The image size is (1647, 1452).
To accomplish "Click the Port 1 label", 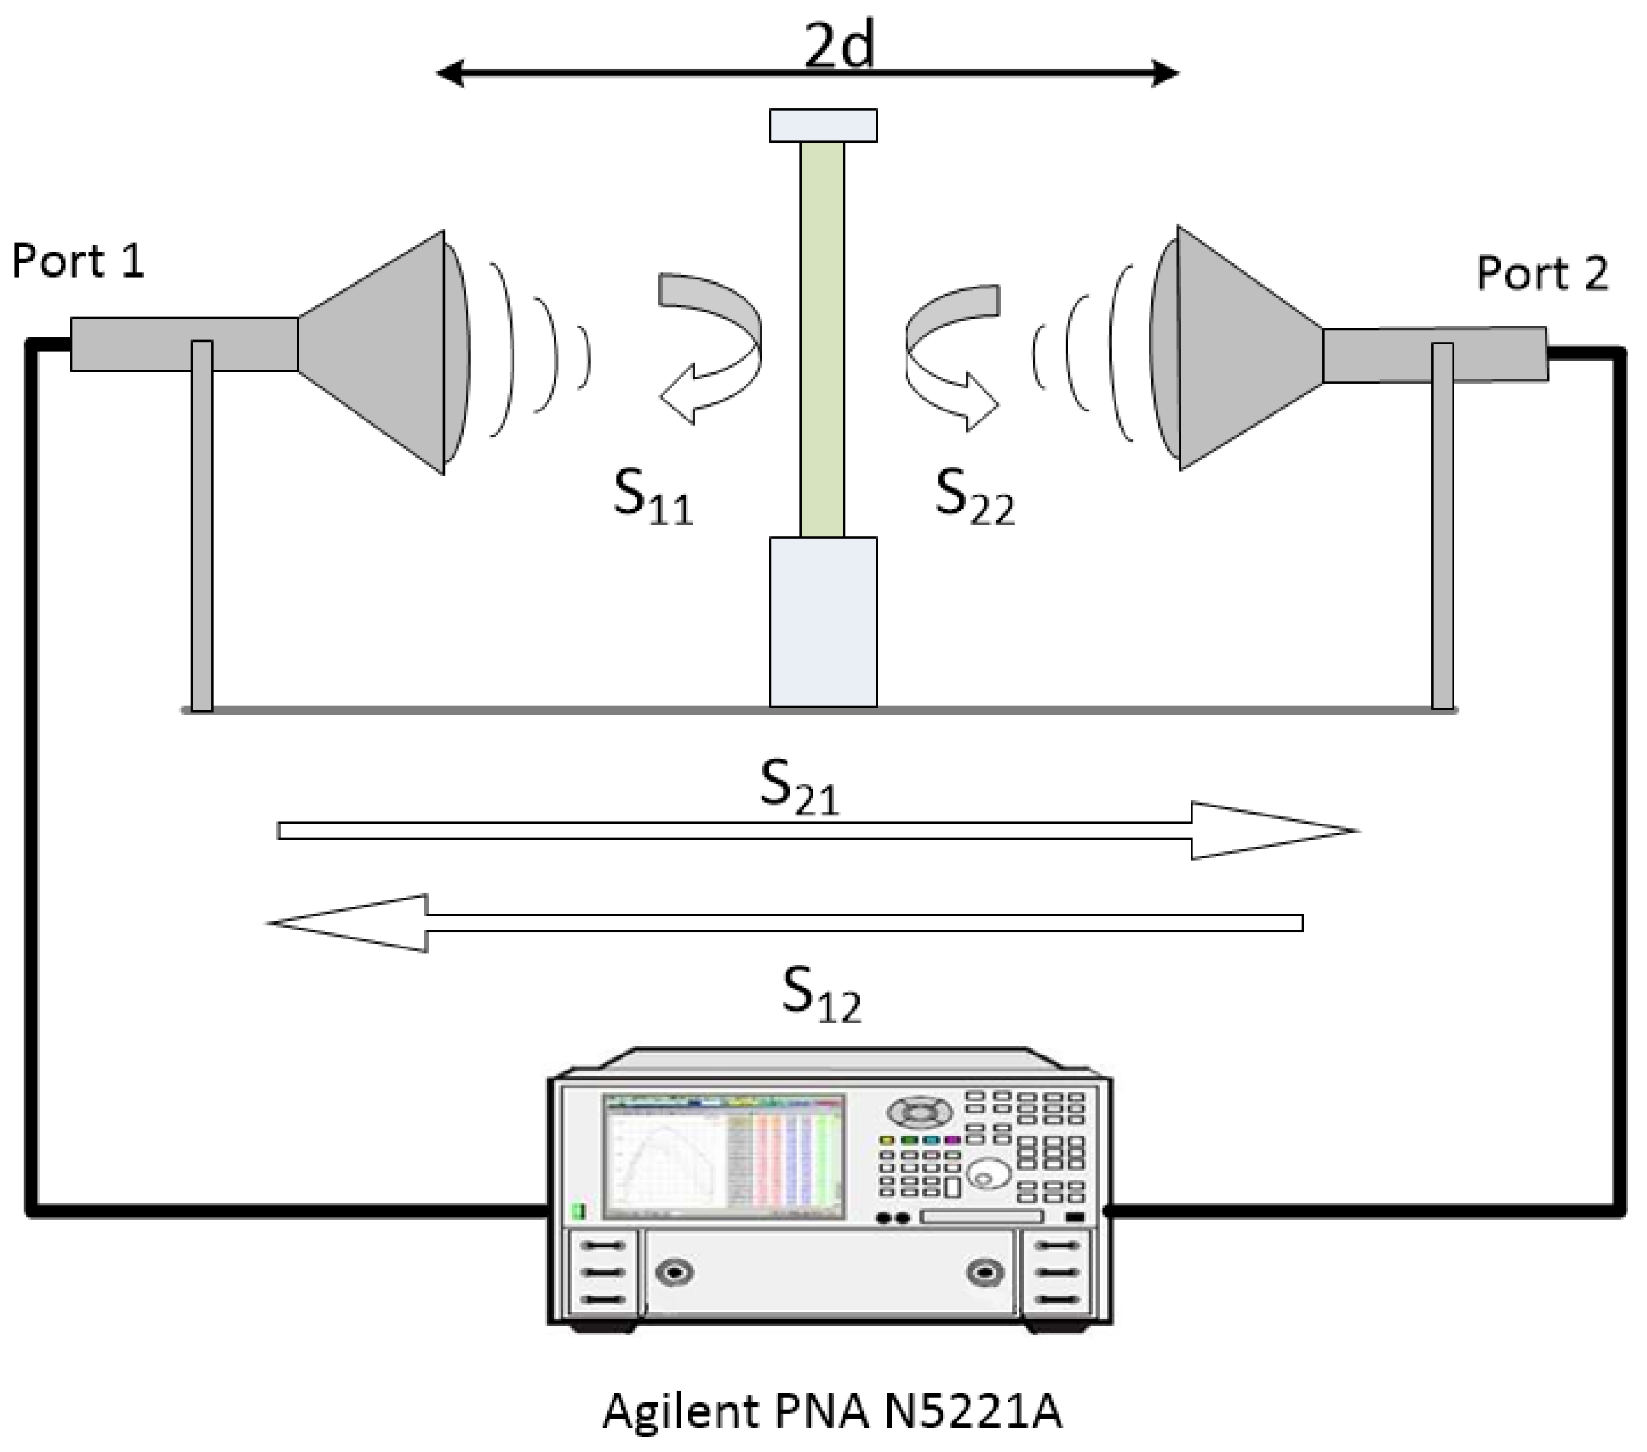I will [78, 262].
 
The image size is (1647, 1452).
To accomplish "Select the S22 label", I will [974, 497].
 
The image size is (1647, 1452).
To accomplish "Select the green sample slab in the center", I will [823, 339].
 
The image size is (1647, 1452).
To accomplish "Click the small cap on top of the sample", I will [823, 126].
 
